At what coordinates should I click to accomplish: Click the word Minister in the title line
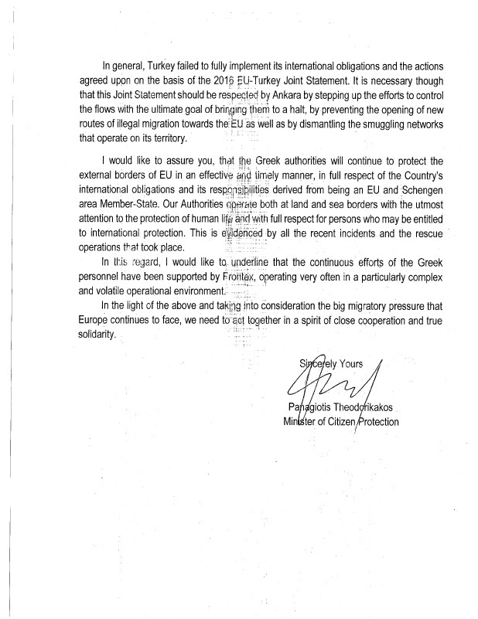[301, 423]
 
